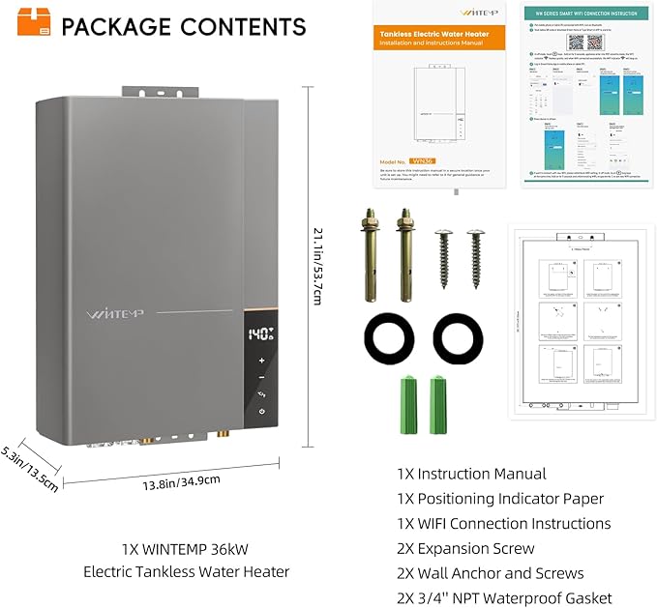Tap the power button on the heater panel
[261, 413]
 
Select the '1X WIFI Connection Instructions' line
[503, 523]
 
